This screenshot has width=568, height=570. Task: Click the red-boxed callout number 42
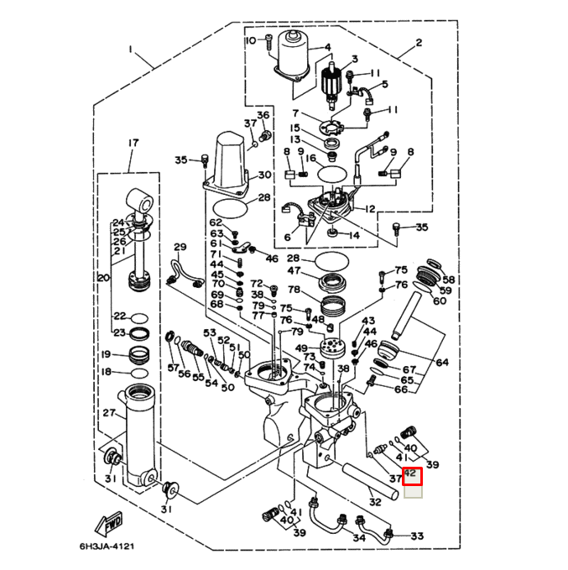pos(411,476)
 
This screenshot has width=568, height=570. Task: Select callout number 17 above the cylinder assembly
pos(132,144)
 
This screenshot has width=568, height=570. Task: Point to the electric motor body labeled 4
pos(295,51)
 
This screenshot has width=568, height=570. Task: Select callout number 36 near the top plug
pos(263,114)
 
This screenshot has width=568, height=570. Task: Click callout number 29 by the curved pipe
pos(179,247)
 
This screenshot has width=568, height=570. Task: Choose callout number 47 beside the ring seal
pos(294,271)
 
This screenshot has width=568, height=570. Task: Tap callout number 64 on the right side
pos(442,363)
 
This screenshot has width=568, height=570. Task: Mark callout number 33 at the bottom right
pos(417,536)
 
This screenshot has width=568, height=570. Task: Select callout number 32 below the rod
pos(375,502)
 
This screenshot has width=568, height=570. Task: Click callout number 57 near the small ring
pos(173,369)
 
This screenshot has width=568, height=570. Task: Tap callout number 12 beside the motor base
pos(370,208)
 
